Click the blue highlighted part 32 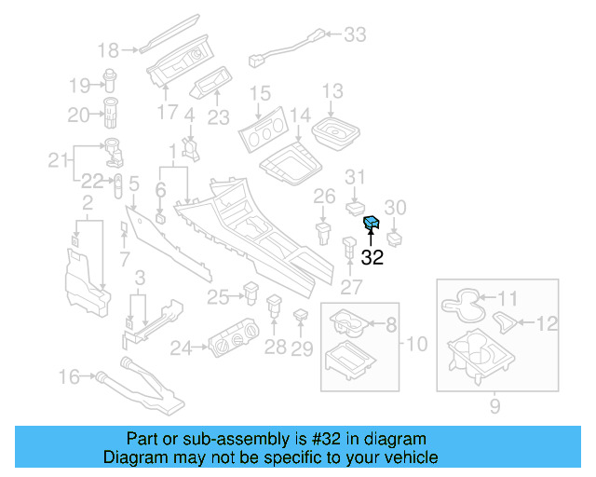coord(371,222)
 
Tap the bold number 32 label coord(372,258)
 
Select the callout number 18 coord(109,50)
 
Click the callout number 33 coord(356,35)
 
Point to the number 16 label coord(70,376)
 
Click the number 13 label coord(332,91)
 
